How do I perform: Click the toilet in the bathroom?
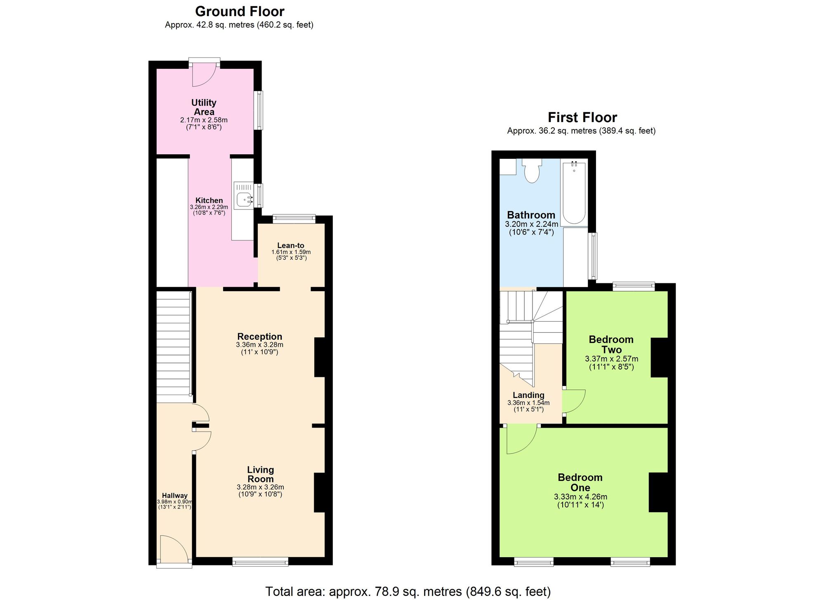click(532, 171)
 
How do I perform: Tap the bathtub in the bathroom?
click(573, 193)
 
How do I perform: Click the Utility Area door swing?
click(204, 77)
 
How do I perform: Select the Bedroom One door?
click(521, 439)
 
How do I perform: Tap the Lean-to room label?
click(290, 245)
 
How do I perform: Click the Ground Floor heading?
click(239, 11)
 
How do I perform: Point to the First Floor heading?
click(582, 118)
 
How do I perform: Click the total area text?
click(408, 591)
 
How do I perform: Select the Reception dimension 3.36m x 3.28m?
click(259, 345)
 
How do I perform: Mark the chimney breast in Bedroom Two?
click(659, 357)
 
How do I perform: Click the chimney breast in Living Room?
click(320, 492)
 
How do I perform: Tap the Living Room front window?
click(260, 561)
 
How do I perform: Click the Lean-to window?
click(294, 219)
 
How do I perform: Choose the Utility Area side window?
click(258, 110)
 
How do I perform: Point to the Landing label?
click(528, 395)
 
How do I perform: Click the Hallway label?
click(174, 496)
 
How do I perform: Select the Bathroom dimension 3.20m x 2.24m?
click(531, 224)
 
